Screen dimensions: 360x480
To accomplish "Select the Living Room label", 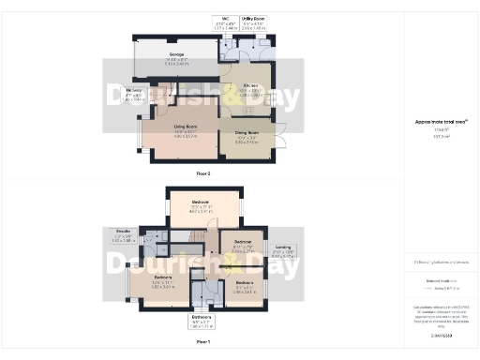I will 184,133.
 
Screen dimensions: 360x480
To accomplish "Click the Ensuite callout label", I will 122,236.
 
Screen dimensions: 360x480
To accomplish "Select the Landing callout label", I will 283,251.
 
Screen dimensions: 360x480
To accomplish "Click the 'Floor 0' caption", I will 202,174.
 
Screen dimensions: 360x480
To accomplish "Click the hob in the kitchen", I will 247,109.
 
